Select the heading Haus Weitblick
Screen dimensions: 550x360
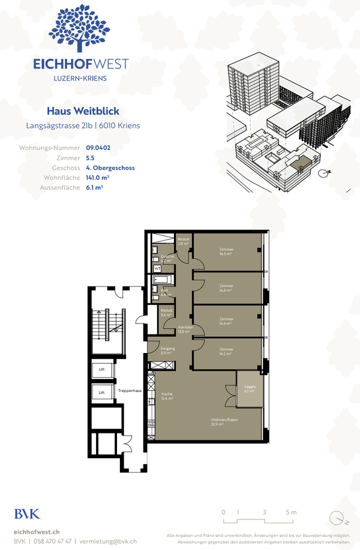point(83,111)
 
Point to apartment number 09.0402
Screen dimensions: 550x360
point(98,147)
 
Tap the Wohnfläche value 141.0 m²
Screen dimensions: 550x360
point(98,178)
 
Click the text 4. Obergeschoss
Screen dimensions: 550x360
point(110,168)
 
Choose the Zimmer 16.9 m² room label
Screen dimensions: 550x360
point(226,251)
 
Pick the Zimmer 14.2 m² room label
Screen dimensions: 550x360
point(226,351)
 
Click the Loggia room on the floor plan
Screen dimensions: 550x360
point(250,388)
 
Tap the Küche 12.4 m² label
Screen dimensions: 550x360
point(167,396)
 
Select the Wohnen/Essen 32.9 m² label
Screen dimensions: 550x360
point(221,422)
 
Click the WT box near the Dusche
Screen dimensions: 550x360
point(157,268)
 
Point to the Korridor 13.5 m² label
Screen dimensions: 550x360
point(184,330)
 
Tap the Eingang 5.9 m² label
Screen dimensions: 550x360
point(167,351)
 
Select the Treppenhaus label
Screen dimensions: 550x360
point(130,391)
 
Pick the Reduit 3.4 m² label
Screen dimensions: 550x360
point(167,312)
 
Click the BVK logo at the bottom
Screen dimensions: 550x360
point(28,514)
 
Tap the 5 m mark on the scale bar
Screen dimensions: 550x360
point(291,512)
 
